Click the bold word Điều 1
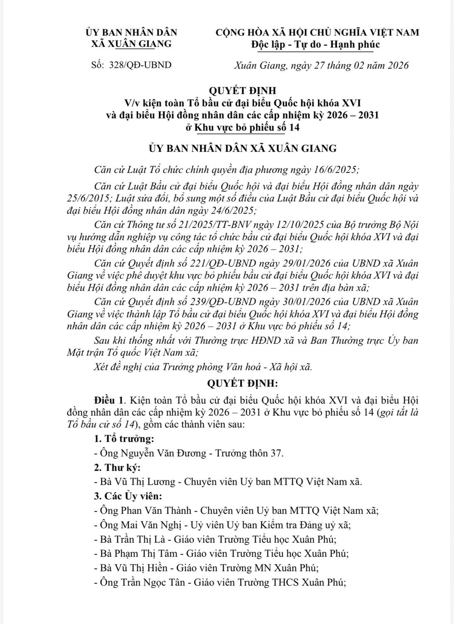point(110,400)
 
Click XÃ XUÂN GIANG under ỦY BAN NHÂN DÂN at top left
point(131,44)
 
